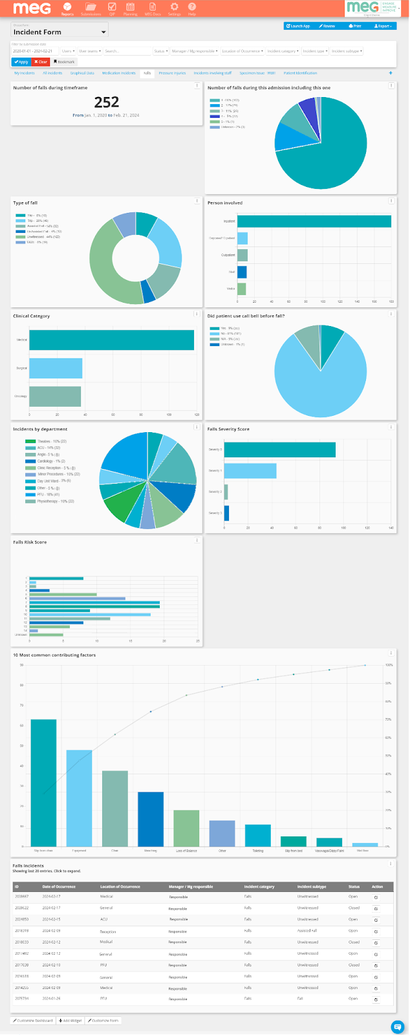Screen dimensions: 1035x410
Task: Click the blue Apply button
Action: pyautogui.click(x=21, y=62)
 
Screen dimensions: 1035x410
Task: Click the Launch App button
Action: pyautogui.click(x=298, y=26)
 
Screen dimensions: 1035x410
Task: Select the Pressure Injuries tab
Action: pyautogui.click(x=172, y=73)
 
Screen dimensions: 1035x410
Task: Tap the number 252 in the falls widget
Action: pyautogui.click(x=107, y=102)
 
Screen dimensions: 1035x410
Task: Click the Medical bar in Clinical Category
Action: pyautogui.click(x=111, y=340)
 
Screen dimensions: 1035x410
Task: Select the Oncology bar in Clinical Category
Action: pyautogui.click(x=55, y=396)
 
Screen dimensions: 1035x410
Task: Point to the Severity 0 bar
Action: pyautogui.click(x=279, y=450)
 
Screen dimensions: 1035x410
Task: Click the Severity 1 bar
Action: pyautogui.click(x=250, y=471)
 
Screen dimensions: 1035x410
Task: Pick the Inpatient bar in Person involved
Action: pyautogui.click(x=314, y=221)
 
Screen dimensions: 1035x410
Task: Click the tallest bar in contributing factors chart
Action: pyautogui.click(x=43, y=782)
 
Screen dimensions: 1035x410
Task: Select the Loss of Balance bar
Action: pyautogui.click(x=186, y=828)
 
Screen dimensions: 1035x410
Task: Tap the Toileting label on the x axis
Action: pyautogui.click(x=258, y=851)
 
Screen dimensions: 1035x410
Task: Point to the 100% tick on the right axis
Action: pyautogui.click(x=389, y=665)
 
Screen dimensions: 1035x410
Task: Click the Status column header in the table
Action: pyautogui.click(x=354, y=886)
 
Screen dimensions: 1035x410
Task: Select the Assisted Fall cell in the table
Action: pyautogui.click(x=307, y=931)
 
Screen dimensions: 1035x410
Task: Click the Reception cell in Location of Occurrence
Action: pyautogui.click(x=107, y=931)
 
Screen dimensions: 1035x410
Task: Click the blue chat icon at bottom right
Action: pyautogui.click(x=398, y=1026)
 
